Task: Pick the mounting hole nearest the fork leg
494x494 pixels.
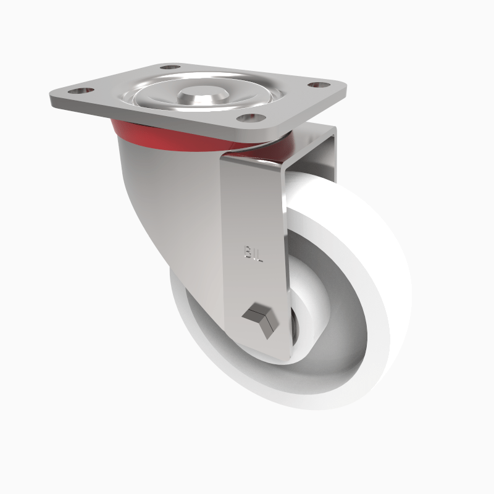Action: [x=251, y=117]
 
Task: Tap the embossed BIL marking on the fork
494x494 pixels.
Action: [x=254, y=253]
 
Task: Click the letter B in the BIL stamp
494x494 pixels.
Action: [x=248, y=253]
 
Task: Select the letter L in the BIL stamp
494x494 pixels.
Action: [x=261, y=254]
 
